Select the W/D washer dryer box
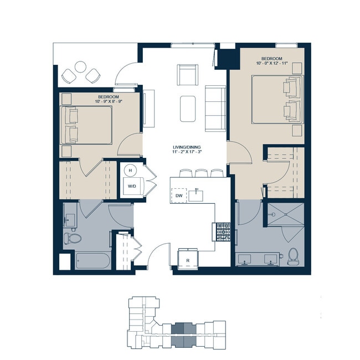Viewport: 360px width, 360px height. tap(132, 186)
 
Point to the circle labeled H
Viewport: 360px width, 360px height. tap(130, 171)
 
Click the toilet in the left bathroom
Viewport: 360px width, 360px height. tap(73, 239)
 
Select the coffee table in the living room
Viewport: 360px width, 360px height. tap(188, 109)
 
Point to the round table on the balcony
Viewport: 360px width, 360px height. tap(81, 68)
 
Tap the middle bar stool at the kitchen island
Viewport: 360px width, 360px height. tap(200, 172)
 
